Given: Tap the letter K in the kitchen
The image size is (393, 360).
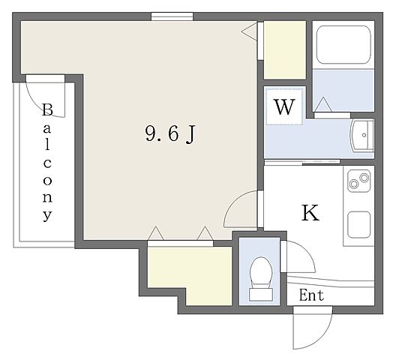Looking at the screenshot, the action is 310,213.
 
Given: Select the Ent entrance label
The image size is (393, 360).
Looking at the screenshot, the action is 311,295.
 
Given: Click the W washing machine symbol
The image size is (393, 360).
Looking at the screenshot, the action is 284,106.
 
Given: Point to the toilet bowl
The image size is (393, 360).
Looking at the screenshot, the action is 261,271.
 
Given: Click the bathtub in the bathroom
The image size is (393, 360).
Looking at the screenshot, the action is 343,44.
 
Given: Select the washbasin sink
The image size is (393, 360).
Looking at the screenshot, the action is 362,136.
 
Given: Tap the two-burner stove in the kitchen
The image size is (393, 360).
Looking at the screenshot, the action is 359,181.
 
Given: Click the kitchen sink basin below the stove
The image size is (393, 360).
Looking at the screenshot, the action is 359,225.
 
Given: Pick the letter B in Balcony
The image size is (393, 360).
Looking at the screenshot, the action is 47,109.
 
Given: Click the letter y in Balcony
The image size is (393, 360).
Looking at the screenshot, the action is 47,215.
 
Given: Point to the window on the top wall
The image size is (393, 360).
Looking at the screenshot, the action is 172,16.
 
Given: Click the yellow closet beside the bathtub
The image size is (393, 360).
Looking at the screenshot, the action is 285,50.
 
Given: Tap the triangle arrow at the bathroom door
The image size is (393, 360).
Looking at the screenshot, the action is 323,104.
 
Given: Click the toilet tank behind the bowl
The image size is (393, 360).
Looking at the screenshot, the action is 261,294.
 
